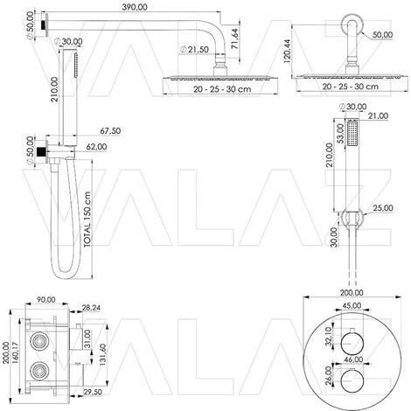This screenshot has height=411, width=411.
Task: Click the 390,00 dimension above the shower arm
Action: pos(135,7)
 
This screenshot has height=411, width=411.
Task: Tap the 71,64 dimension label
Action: pos(233,38)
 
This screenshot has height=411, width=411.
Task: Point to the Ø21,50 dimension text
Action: pos(194,50)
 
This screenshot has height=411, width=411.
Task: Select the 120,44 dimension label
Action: pos(287,52)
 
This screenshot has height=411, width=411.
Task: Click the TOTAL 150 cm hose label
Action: pos(87,219)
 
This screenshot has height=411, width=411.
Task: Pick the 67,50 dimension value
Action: pos(110,131)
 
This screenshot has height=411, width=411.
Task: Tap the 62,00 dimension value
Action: pos(96,147)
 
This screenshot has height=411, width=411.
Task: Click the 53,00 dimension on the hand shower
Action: pos(340,133)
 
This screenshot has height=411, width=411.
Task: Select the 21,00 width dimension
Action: pos(378,116)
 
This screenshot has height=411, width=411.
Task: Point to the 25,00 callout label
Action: pos(383,208)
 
